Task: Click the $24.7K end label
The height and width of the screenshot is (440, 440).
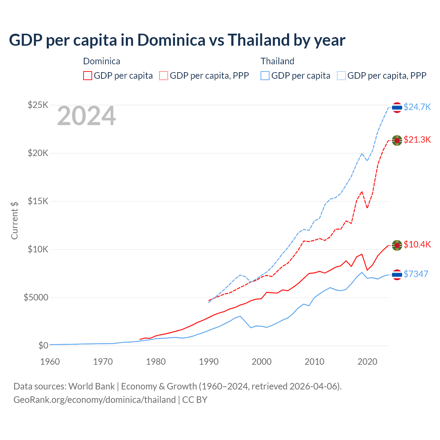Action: (417, 107)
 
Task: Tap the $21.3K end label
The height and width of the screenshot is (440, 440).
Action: (417, 140)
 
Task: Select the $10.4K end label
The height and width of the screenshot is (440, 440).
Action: (417, 244)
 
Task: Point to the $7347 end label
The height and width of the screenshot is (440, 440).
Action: (416, 274)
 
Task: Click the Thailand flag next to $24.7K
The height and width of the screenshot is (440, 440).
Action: (397, 108)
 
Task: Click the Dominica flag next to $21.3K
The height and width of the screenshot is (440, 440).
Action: (397, 140)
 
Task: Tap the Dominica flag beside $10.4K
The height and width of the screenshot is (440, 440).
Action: (397, 245)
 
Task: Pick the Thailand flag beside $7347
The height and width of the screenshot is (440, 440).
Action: (397, 275)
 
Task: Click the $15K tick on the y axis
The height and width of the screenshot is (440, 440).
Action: (38, 201)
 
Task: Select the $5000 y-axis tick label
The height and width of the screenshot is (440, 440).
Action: (36, 297)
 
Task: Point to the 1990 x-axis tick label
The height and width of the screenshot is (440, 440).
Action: (209, 362)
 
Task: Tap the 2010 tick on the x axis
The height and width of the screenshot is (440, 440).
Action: (315, 362)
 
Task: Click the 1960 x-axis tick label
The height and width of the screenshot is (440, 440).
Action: (50, 362)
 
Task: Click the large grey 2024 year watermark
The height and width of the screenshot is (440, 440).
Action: (86, 116)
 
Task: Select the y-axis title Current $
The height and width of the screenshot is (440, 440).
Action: (14, 220)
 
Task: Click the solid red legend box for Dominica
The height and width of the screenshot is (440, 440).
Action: (88, 76)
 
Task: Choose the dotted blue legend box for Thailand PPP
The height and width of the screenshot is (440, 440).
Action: (341, 76)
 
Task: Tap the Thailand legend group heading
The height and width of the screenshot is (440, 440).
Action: (277, 61)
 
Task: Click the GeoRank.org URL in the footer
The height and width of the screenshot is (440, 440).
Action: (95, 400)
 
